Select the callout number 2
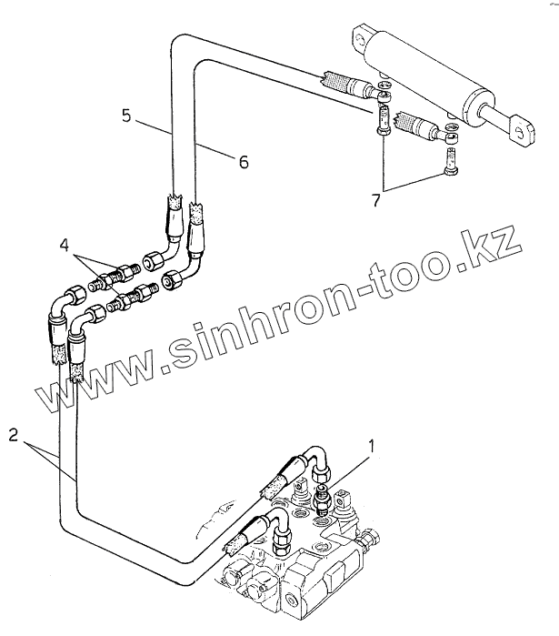tap(13, 434)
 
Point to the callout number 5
tap(128, 116)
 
